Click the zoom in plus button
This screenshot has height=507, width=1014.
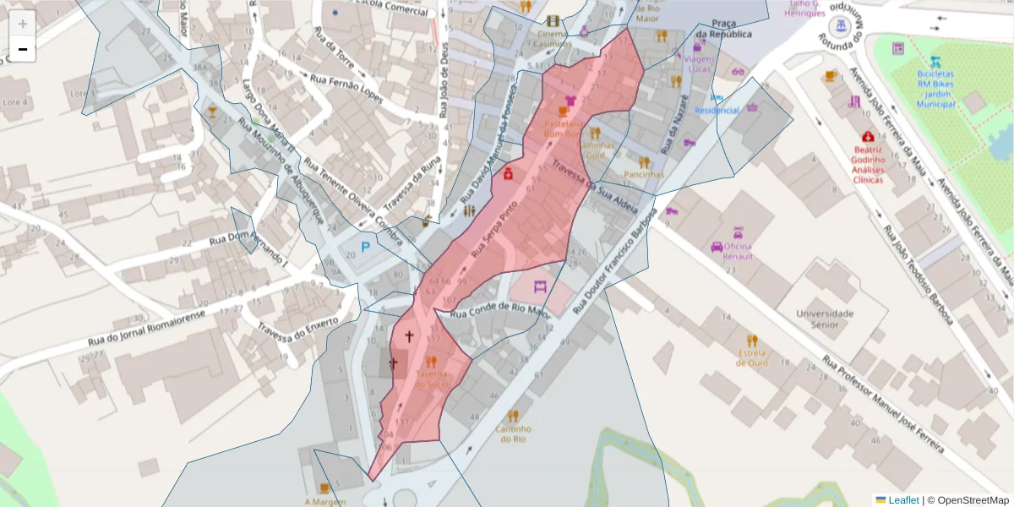[x=22, y=24]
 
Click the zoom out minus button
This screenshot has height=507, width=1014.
[x=22, y=49]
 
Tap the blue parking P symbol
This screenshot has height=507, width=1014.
[x=366, y=247]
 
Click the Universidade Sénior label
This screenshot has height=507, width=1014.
[x=825, y=319]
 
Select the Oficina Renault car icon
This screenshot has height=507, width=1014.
[x=717, y=247]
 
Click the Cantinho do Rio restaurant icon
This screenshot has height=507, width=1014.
[x=513, y=416]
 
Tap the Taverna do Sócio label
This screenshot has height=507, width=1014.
[x=432, y=379]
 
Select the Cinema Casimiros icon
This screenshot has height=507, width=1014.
[x=553, y=20]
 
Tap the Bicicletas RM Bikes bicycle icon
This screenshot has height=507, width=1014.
[x=935, y=61]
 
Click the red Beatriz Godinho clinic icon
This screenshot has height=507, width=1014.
[x=868, y=136]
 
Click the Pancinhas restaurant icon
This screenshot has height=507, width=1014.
[x=644, y=161]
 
